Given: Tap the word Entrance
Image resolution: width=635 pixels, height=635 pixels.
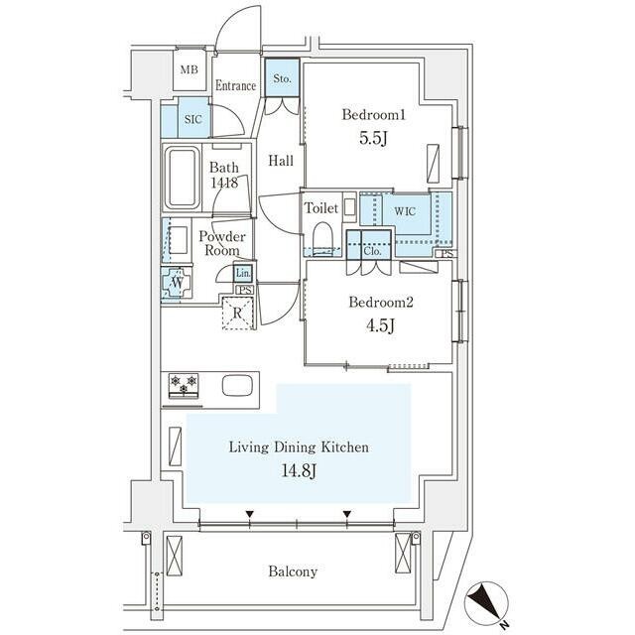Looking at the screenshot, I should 235,86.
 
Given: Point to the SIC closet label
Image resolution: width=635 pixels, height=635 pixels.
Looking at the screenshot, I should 191,120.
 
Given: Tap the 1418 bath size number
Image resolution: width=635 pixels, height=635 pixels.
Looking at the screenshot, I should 224,184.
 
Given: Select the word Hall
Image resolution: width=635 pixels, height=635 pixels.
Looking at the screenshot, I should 281,161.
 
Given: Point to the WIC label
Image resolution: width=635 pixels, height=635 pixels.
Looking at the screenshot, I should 404,210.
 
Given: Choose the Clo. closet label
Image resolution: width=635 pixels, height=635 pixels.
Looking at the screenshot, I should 372,250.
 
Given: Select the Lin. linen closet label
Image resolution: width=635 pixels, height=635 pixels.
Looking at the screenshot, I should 244,273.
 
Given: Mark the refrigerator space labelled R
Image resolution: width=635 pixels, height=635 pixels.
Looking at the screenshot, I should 237,313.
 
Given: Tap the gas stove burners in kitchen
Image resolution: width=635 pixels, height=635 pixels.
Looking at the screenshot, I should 184,384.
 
